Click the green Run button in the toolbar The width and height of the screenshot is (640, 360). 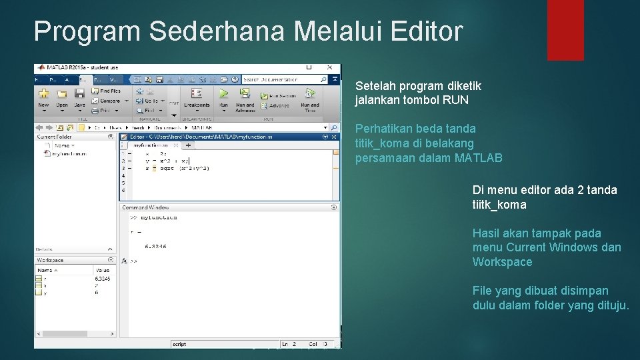coord(223,95)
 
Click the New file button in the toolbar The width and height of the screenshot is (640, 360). coord(43,95)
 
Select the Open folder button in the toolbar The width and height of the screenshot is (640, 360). coord(62,95)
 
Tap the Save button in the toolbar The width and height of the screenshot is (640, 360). coord(79,95)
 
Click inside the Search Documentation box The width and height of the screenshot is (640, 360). coord(280,79)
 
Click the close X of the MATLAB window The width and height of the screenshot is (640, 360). coord(329,67)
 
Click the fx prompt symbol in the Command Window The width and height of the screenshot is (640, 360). coord(125,261)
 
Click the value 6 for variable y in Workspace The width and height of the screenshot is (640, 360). coord(97,292)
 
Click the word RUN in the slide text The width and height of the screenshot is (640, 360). coord(455,101)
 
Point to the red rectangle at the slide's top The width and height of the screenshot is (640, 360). coord(565,30)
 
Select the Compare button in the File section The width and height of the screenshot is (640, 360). coord(109,101)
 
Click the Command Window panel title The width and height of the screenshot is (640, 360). coord(145,208)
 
